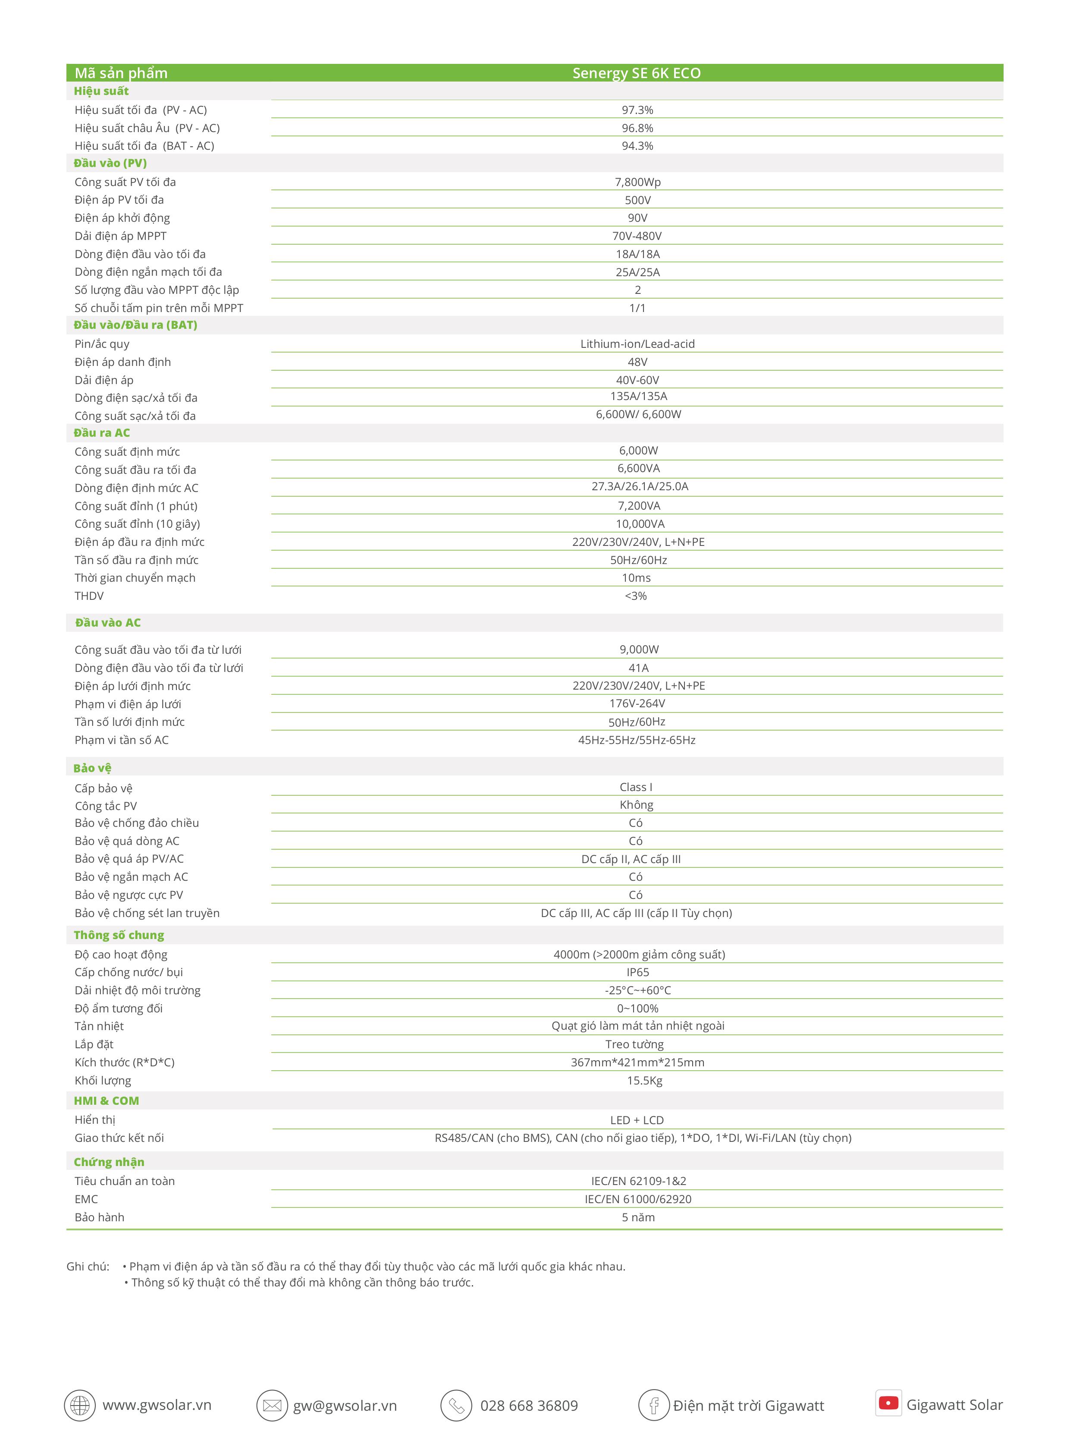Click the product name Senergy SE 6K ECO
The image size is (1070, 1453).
coord(636,73)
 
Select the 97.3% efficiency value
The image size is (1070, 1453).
coord(637,110)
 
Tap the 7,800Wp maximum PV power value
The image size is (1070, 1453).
coord(637,182)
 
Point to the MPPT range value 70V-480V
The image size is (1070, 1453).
coord(637,236)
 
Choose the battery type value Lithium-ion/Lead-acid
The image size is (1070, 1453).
coord(637,344)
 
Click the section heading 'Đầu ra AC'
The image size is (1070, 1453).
coord(102,433)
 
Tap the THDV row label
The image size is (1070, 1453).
coord(89,596)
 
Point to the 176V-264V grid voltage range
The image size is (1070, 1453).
coord(637,704)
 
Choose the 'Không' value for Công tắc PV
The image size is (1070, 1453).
coord(637,805)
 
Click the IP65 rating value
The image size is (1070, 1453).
coord(637,972)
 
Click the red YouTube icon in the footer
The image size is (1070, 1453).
coord(888,1403)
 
